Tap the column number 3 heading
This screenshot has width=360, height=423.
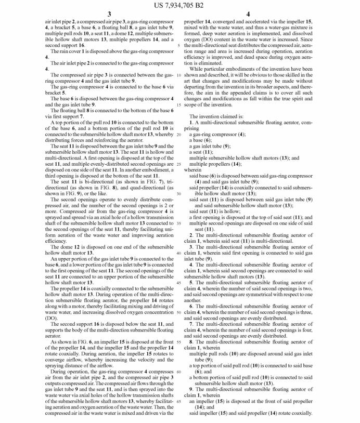click(109, 14)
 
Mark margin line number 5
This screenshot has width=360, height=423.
click(178, 46)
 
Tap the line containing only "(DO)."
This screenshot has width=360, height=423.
click(52, 318)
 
